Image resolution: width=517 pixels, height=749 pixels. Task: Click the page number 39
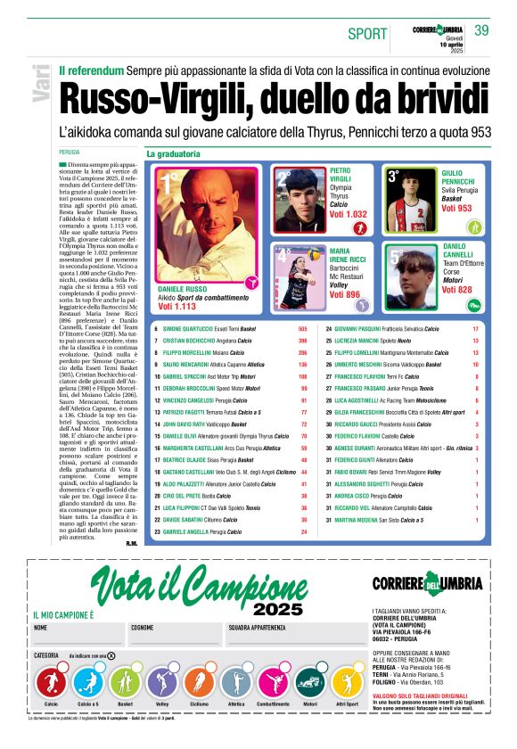481,30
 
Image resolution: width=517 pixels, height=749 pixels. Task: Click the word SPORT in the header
367,34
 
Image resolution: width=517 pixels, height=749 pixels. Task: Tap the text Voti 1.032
348,215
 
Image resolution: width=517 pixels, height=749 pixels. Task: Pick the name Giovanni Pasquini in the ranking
363,329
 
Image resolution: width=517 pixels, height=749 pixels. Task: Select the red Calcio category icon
51,684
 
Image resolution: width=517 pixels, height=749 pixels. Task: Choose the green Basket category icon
125,684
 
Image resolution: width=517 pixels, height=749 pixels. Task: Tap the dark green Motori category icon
309,684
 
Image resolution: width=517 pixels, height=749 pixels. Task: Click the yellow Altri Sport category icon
346,684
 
